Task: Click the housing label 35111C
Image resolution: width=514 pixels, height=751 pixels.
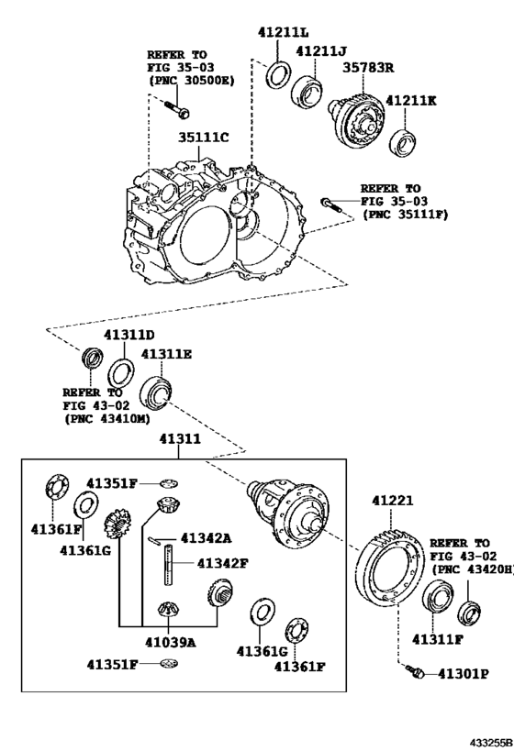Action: click(203, 138)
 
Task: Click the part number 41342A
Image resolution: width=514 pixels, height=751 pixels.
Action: click(206, 538)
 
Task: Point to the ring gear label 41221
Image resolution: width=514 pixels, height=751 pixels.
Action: click(393, 502)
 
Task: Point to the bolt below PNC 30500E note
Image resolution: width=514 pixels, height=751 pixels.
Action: click(177, 112)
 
